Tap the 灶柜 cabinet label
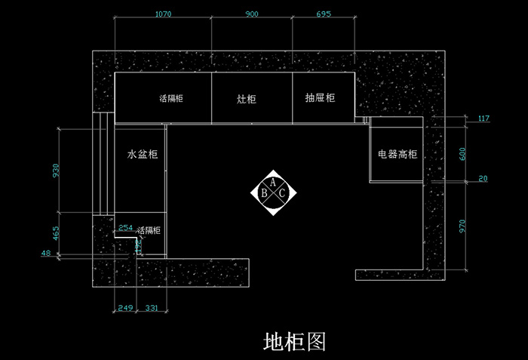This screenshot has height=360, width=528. click(x=247, y=99)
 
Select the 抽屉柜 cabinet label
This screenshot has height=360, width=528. click(x=320, y=98)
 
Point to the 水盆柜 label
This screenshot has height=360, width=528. click(x=142, y=154)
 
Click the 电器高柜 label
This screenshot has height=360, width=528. click(x=398, y=154)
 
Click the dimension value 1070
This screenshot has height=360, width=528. click(x=163, y=14)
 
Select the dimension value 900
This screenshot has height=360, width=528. click(x=251, y=14)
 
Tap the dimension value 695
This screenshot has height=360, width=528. click(x=323, y=14)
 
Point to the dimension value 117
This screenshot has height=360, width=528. click(x=483, y=118)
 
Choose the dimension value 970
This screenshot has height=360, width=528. click(x=464, y=226)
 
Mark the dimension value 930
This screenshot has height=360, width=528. click(x=54, y=171)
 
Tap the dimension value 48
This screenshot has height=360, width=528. click(x=46, y=254)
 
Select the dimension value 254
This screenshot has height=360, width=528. click(x=126, y=228)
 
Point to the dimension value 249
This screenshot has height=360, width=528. click(x=125, y=308)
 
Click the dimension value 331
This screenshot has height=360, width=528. click(x=152, y=308)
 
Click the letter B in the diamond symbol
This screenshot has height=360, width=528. click(x=264, y=193)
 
